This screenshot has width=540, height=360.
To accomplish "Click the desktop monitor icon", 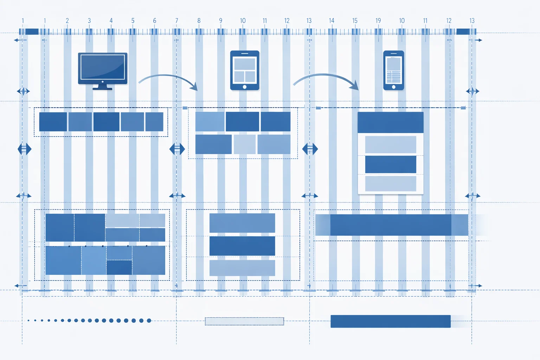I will pyautogui.click(x=103, y=69).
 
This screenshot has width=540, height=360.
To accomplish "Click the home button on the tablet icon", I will pyautogui.click(x=245, y=87).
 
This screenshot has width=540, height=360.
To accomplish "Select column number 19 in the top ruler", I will pyautogui.click(x=378, y=21).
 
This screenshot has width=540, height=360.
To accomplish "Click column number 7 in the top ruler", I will pyautogui.click(x=176, y=21).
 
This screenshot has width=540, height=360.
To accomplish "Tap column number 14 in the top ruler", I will pyautogui.click(x=332, y=21).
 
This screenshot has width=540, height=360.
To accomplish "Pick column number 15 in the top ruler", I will pyautogui.click(x=355, y=21).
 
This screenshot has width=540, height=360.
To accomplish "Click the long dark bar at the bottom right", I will pyautogui.click(x=390, y=321).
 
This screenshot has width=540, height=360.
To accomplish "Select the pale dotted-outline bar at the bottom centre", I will pyautogui.click(x=244, y=321).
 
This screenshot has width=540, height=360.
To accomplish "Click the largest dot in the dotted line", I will pyautogui.click(x=149, y=321).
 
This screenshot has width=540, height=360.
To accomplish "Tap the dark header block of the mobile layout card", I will pyautogui.click(x=390, y=122).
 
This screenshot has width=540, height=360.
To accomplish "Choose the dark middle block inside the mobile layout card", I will pyautogui.click(x=390, y=165).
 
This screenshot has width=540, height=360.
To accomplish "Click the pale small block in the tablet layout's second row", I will pyautogui.click(x=244, y=144).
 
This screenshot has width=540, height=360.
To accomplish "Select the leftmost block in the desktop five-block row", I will pyautogui.click(x=53, y=122).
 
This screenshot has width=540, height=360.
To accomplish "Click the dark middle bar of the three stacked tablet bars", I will pyautogui.click(x=242, y=246).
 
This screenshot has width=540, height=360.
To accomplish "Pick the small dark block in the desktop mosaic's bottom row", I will pyautogui.click(x=119, y=267).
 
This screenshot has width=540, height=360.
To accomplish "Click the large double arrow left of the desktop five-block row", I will pyautogui.click(x=25, y=149).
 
